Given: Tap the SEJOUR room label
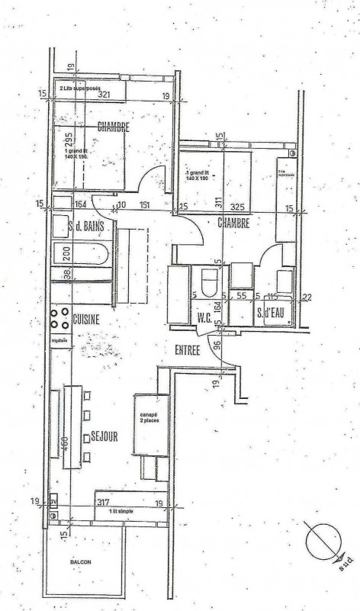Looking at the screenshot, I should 104,437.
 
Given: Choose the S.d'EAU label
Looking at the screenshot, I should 272,313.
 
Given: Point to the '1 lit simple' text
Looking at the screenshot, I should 121,510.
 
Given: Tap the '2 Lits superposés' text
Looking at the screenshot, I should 85,88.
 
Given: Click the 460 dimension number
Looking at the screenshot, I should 65,443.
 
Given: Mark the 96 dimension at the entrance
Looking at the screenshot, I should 217,344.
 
